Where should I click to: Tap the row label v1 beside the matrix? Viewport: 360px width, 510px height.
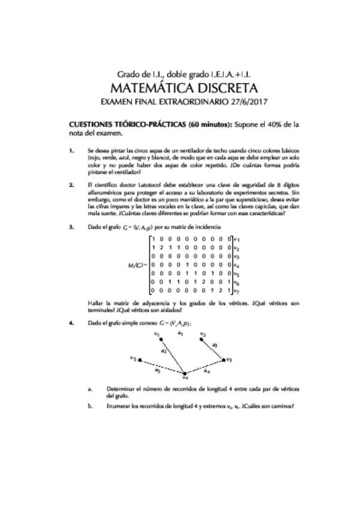[237, 240]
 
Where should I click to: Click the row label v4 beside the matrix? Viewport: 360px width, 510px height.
[237, 265]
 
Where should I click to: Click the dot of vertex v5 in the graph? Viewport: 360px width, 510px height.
[140, 361]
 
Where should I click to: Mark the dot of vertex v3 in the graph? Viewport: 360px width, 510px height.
[224, 360]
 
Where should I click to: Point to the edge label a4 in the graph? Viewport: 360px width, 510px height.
[206, 372]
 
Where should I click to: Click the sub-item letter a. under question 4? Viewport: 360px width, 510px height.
[90, 389]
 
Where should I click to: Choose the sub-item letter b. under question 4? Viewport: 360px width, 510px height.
[90, 406]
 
